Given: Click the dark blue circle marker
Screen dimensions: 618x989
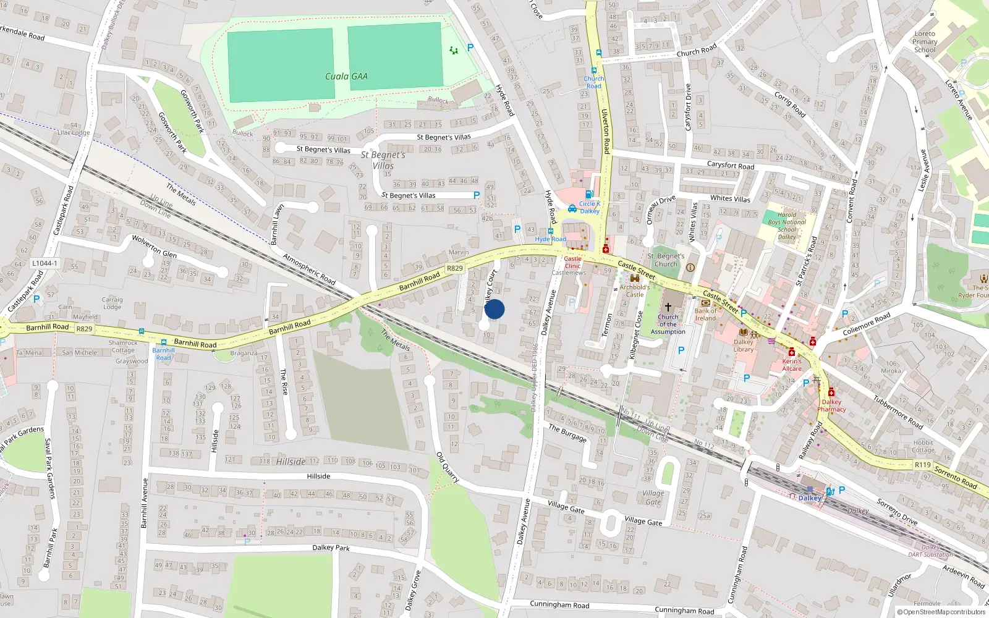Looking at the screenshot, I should (494, 309).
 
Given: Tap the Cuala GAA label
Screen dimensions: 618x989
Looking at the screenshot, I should (346, 77).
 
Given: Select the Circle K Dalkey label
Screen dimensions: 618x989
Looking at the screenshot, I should (589, 207).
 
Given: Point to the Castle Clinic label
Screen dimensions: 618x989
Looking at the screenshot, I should (572, 263).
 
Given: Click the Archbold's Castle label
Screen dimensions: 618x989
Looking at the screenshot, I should (635, 290).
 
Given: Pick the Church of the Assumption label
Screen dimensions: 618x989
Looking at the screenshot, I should (668, 324).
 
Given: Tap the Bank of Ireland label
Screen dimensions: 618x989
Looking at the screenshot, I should (705, 315).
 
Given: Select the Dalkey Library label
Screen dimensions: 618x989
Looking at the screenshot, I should (744, 345).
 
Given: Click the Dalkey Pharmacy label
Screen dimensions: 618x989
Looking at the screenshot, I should (831, 405).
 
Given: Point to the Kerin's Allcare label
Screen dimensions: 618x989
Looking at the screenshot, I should (792, 365).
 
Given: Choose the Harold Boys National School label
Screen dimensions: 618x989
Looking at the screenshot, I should (787, 226).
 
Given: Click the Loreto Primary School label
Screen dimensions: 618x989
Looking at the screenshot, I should (925, 42).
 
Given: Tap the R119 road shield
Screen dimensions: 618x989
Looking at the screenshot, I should (923, 465).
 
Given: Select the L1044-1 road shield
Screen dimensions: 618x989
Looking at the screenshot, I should (45, 263).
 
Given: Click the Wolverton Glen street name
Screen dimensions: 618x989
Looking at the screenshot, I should (154, 246).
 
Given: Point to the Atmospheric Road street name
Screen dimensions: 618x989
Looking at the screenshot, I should (309, 269).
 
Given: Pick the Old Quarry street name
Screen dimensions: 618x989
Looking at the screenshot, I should (448, 467).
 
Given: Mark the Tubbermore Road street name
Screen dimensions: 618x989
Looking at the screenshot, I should (898, 412).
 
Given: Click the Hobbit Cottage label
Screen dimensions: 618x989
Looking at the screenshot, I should (923, 446).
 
